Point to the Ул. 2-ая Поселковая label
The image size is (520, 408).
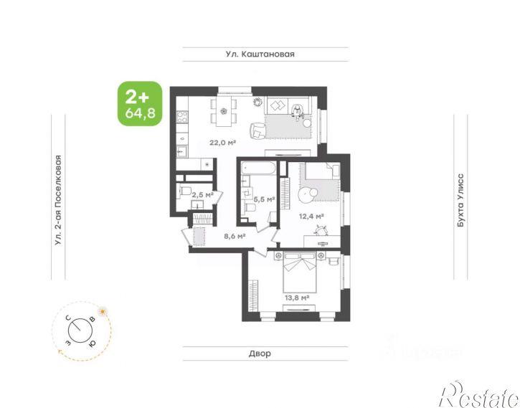[59, 201]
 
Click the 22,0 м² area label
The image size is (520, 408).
[223, 143]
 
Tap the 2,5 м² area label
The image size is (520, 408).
[202, 194]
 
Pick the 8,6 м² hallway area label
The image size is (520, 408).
[234, 234]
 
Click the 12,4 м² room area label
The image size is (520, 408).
[311, 215]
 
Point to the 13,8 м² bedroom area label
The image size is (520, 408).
[296, 297]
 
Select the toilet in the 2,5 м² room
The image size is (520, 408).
[185, 191]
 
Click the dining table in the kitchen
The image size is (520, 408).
[224, 110]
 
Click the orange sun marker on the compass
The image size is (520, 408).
[103, 311]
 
